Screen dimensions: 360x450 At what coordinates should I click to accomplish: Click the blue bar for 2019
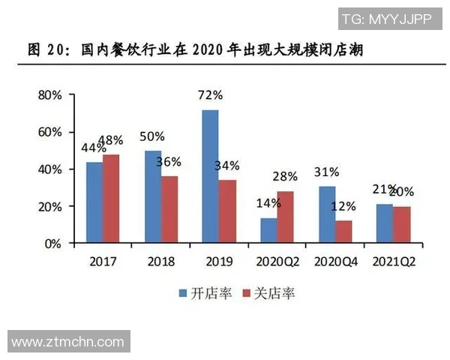click(210, 177)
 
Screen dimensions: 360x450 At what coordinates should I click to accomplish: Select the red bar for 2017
click(111, 199)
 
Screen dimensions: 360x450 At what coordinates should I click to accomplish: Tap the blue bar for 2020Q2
click(268, 231)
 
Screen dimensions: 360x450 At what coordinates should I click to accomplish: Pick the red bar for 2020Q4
click(343, 232)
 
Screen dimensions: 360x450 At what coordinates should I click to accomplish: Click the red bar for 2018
click(169, 210)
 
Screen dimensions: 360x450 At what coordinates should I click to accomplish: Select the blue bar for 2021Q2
click(383, 223)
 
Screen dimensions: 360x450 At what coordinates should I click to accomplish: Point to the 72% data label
click(210, 95)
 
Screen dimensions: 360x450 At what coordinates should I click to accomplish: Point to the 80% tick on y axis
click(50, 95)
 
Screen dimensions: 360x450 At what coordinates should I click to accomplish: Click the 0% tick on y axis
click(54, 244)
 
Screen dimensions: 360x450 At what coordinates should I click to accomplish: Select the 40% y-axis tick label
click(50, 169)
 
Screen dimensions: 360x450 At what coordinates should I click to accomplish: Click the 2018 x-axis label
click(160, 262)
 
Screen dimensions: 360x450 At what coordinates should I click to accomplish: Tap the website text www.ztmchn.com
click(67, 342)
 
